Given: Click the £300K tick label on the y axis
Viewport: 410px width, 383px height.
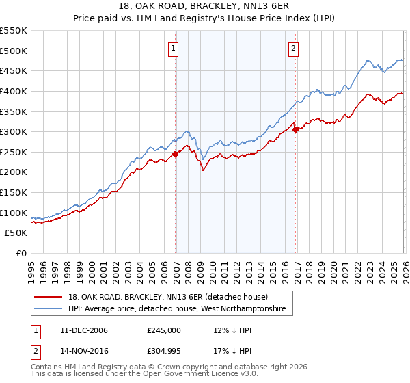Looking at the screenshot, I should coord(14,131).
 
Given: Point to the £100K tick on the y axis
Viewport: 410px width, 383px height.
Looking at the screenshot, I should coord(14,213).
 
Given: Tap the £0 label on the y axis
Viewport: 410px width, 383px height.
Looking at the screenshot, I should coord(20,253).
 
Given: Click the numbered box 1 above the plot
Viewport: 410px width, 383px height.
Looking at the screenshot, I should coord(174,48).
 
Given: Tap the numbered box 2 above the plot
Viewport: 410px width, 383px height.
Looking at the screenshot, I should coord(293,48).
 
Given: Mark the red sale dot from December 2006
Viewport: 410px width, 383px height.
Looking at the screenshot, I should coord(175,154).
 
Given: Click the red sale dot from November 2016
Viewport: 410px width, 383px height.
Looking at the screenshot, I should coord(295,129).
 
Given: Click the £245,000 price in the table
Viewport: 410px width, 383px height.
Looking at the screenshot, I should coord(163,330).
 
